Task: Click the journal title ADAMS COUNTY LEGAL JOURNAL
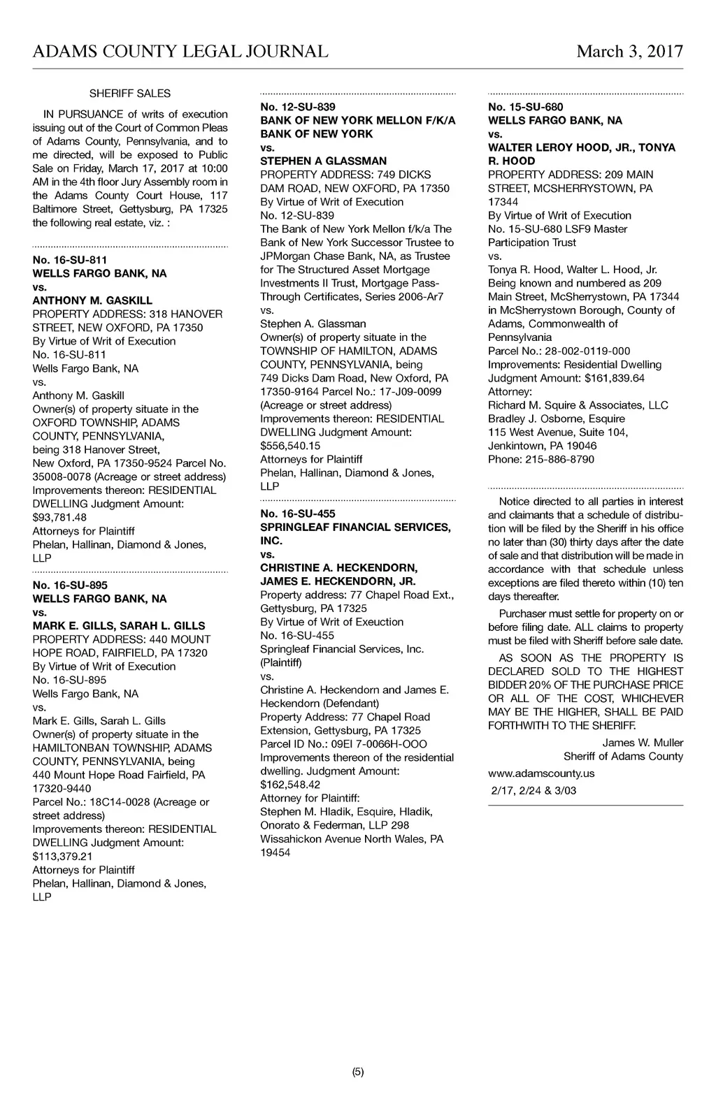[x=180, y=52]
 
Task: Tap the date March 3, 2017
[x=629, y=52]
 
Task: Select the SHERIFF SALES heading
[x=130, y=94]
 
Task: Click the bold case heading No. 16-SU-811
[x=70, y=260]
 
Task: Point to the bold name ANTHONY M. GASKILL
[x=92, y=300]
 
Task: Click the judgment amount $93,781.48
[x=59, y=518]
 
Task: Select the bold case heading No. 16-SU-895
[x=70, y=585]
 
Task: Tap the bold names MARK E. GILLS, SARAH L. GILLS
[x=119, y=626]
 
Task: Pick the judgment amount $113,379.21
[x=62, y=857]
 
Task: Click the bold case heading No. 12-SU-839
[x=298, y=107]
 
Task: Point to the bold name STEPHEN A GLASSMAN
[x=323, y=161]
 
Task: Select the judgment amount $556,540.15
[x=290, y=446]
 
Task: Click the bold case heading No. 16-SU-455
[x=298, y=514]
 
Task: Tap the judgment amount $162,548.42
[x=290, y=785]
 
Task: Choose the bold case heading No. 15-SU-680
[x=526, y=107]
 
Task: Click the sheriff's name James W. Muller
[x=643, y=743]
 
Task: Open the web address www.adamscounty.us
[x=541, y=773]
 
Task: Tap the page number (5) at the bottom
[x=358, y=1072]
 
